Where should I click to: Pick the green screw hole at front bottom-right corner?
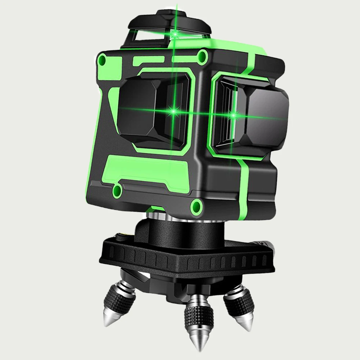[196, 206]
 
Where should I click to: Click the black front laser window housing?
[144, 108]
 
